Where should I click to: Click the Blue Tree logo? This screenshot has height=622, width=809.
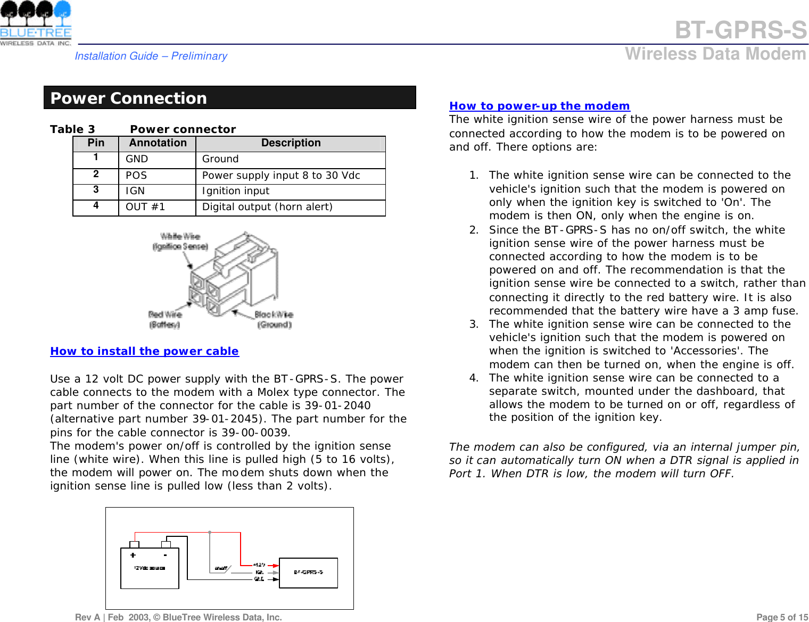[36, 23]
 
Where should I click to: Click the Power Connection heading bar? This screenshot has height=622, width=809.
[229, 98]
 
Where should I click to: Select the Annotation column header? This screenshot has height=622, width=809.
[158, 143]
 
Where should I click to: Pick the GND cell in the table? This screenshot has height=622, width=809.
[137, 159]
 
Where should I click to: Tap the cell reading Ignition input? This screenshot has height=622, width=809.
[236, 191]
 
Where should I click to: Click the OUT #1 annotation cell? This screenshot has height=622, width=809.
[145, 207]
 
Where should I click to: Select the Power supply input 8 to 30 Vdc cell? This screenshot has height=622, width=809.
[281, 176]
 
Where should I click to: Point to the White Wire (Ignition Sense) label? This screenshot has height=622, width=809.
[180, 241]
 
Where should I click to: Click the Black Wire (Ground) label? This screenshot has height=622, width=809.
[274, 319]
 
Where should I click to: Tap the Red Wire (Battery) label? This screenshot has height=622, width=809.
[165, 319]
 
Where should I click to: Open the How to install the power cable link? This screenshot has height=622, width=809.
[144, 351]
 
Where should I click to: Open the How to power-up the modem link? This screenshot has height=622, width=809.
[539, 106]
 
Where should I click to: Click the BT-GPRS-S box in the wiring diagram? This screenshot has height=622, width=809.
[308, 573]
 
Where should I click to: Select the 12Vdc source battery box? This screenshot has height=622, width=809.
[150, 568]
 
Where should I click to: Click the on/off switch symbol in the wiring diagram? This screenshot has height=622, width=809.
[221, 568]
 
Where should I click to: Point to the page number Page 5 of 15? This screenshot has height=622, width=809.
[782, 617]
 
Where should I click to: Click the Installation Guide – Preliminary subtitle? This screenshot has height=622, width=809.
[151, 56]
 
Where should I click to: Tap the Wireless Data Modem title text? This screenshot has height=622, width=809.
[715, 54]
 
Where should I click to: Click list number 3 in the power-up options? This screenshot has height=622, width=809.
[473, 324]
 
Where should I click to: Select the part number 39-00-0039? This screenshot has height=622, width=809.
[254, 433]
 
